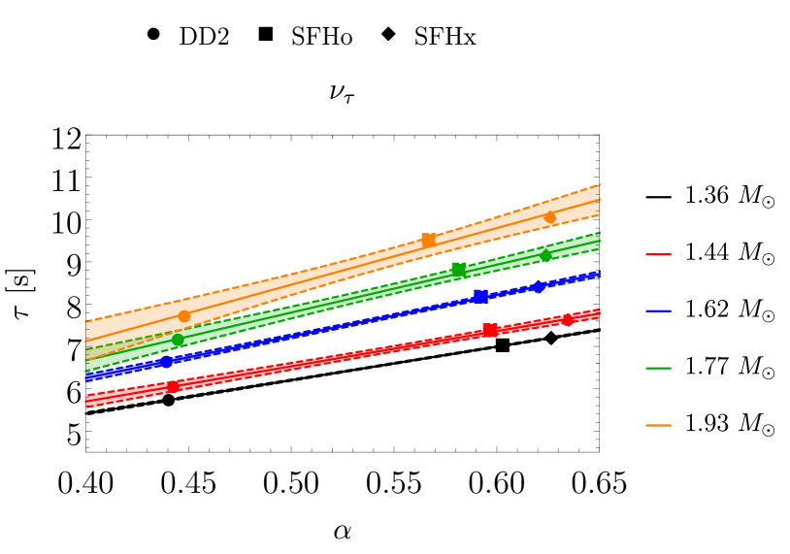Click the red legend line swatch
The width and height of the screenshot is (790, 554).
658,254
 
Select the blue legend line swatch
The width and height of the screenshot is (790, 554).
658,311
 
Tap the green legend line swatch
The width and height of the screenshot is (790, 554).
658,369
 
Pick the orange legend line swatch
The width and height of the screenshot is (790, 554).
658,425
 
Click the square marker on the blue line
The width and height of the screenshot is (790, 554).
480,296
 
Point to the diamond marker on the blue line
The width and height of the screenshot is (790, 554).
538,287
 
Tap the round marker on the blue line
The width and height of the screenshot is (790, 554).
166,362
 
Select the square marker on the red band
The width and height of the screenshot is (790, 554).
490,330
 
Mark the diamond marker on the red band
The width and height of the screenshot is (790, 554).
568,319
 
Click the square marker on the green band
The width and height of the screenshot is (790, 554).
459,269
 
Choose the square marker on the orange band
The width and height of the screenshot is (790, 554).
428,240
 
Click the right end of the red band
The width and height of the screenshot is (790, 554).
598,313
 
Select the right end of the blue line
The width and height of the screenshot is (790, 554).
598,275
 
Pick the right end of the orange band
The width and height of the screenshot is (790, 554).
598,200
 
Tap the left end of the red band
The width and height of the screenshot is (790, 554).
88,400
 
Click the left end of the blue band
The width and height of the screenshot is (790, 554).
88,376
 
